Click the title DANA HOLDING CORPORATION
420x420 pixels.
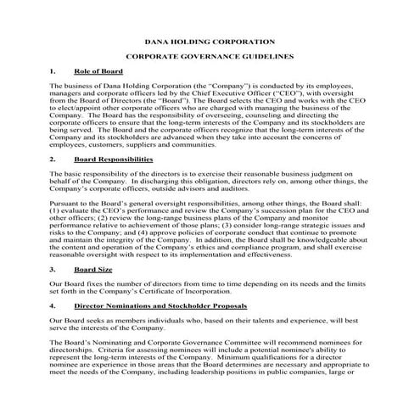click(x=210, y=41)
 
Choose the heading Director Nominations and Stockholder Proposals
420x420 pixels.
click(x=160, y=304)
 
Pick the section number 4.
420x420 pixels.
click(x=53, y=304)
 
